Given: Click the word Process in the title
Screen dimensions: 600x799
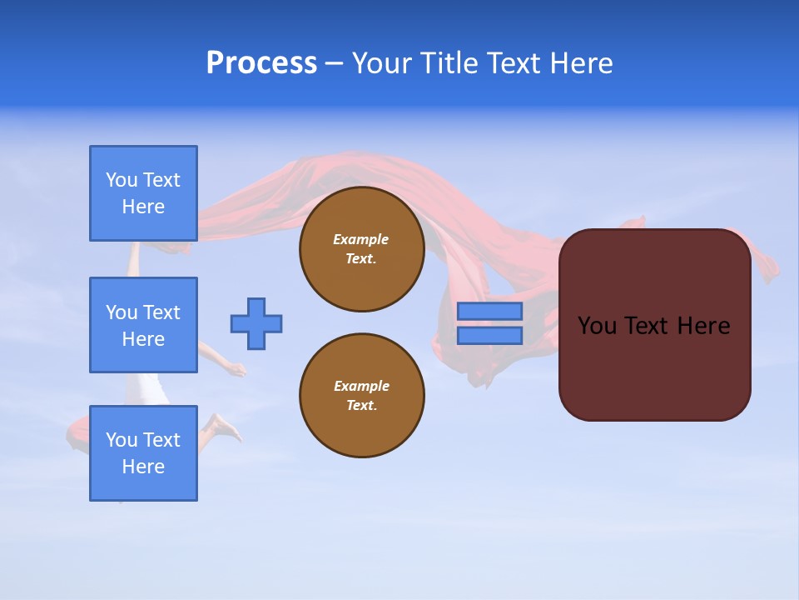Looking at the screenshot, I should coord(261,63).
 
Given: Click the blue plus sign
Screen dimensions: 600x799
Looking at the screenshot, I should coord(256,323).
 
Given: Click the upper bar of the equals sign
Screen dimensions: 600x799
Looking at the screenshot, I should coord(489,311).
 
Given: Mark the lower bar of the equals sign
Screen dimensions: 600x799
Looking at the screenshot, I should coord(489,335).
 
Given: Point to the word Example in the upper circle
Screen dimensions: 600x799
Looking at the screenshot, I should coord(361,239).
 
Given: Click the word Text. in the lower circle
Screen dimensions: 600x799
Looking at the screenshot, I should coord(361,405).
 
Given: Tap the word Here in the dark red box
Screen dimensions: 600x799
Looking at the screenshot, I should coord(703,326).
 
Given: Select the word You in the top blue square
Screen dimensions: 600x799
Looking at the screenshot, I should coord(122,180).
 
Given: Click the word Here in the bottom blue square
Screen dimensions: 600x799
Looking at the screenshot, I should coord(143,467).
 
